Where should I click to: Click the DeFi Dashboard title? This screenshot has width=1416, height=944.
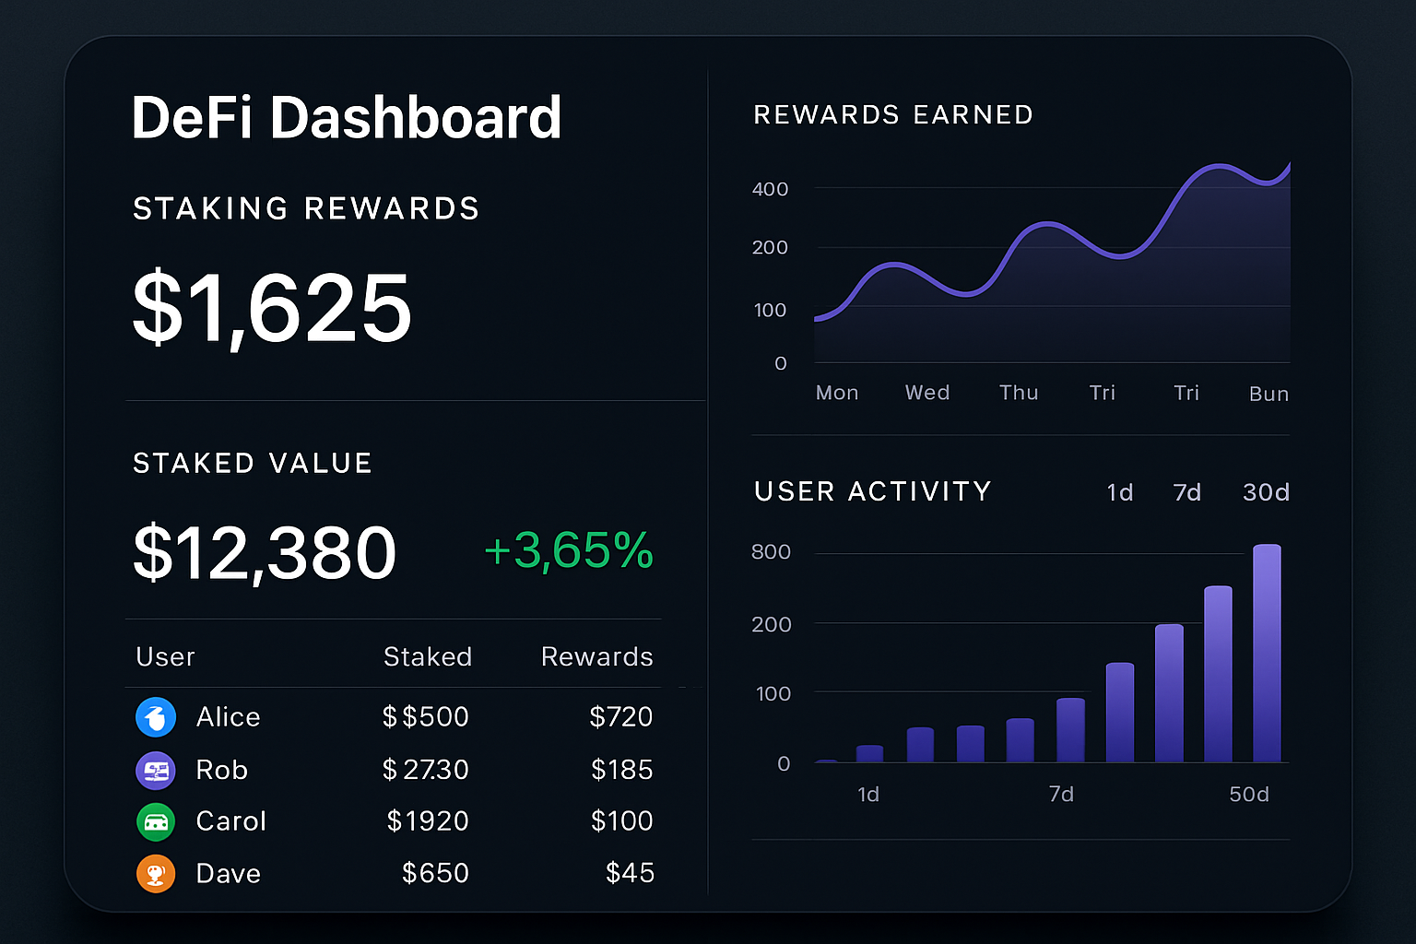pyautogui.click(x=347, y=118)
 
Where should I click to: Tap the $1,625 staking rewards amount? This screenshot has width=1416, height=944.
pyautogui.click(x=272, y=309)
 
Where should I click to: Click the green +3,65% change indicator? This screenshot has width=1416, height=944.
pyautogui.click(x=568, y=550)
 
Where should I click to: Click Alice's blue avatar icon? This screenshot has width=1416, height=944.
pyautogui.click(x=156, y=717)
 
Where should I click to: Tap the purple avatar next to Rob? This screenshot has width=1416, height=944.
pyautogui.click(x=156, y=770)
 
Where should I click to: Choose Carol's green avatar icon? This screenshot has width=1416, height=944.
pyautogui.click(x=156, y=821)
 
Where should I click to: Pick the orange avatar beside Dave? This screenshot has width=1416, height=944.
pyautogui.click(x=156, y=873)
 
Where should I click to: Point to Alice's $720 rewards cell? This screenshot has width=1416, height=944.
pyautogui.click(x=620, y=716)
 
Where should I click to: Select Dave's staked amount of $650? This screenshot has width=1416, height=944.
pyautogui.click(x=435, y=873)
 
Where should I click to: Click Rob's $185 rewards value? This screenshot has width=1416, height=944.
pyautogui.click(x=621, y=770)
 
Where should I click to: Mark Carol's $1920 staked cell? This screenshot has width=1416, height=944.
pyautogui.click(x=428, y=821)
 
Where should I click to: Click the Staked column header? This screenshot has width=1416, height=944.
pyautogui.click(x=427, y=656)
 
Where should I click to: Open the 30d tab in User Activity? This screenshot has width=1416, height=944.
pyautogui.click(x=1265, y=492)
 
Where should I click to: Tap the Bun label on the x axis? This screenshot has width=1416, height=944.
pyautogui.click(x=1268, y=394)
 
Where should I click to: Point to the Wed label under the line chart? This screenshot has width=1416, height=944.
pyautogui.click(x=927, y=393)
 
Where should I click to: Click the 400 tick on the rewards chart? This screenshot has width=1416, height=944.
pyautogui.click(x=770, y=189)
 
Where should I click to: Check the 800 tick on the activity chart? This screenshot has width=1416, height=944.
pyautogui.click(x=771, y=552)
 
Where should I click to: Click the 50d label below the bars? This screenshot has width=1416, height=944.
pyautogui.click(x=1249, y=795)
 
